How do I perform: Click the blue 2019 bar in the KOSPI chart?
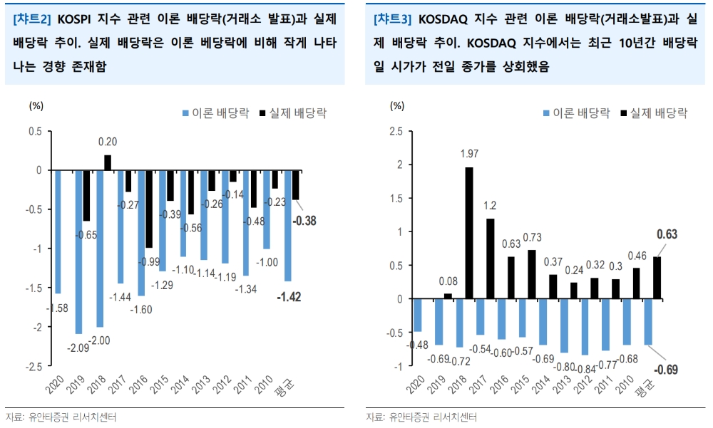tap(78, 251)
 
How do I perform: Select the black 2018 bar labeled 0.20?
tap(108, 162)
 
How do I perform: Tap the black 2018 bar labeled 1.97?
tap(469, 233)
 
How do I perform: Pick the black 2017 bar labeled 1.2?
tap(490, 259)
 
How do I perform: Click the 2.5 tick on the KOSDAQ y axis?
tap(396, 132)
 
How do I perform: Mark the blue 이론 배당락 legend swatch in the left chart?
tap(186, 113)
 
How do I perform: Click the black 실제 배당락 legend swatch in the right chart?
tap(625, 113)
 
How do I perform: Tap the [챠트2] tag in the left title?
tap(33, 19)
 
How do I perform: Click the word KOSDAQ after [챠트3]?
tap(445, 19)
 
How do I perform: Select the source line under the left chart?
tap(61, 417)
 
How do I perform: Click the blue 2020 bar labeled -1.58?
tap(58, 231)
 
